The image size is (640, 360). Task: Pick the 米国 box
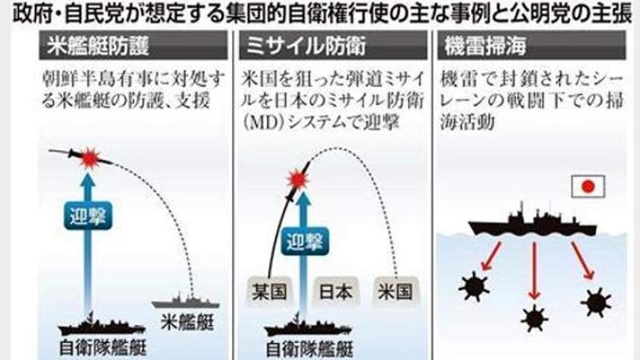(395, 291)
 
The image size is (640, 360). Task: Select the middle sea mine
(534, 317)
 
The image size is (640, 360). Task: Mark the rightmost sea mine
(594, 300)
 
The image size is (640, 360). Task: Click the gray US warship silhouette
(185, 300)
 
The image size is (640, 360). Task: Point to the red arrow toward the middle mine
(532, 269)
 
